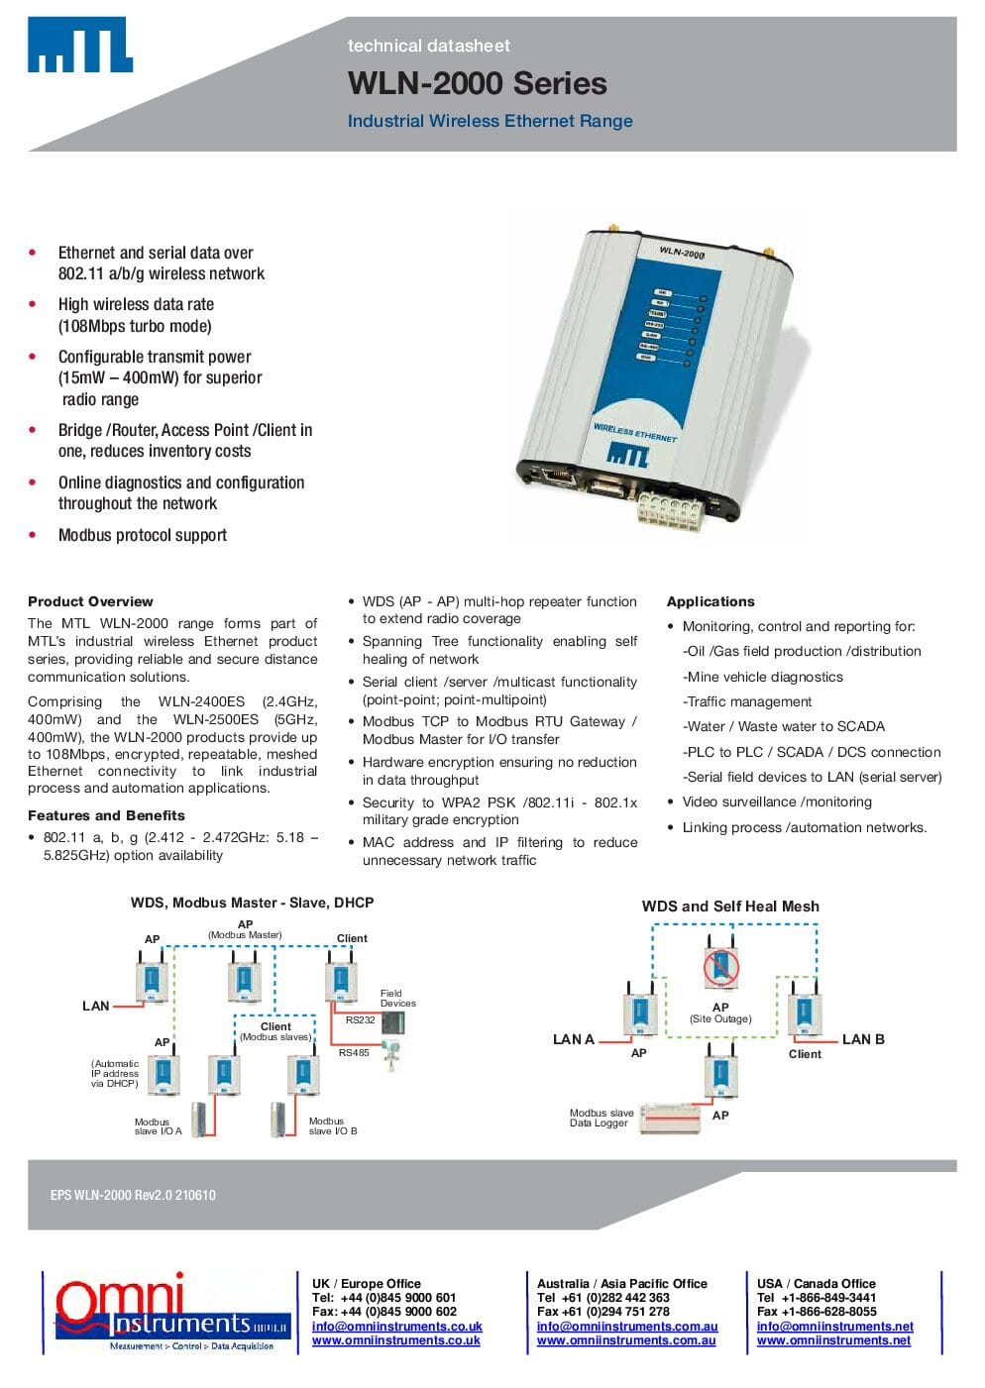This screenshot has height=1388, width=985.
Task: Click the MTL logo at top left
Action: [80, 45]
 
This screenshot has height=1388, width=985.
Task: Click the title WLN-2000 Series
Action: [477, 83]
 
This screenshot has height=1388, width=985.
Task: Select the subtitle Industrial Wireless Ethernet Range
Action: [490, 121]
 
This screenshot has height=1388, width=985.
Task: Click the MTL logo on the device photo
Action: [627, 455]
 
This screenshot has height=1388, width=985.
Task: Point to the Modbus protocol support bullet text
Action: [142, 535]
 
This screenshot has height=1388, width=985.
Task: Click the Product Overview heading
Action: [90, 601]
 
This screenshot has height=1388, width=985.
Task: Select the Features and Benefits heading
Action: [106, 815]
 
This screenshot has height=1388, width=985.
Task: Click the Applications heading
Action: [711, 601]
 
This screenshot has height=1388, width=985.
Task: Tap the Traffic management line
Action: [747, 701]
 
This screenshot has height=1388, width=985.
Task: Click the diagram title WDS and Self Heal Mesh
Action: [730, 906]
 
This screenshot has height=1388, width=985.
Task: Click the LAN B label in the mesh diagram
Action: [863, 1039]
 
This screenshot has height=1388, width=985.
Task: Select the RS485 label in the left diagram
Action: [354, 1052]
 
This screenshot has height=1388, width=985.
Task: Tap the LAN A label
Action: [573, 1039]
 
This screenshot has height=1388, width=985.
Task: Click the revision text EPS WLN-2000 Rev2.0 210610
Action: [133, 1195]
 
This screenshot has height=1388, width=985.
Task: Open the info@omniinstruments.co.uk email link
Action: [396, 1326]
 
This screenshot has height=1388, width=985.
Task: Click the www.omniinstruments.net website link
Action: [833, 1340]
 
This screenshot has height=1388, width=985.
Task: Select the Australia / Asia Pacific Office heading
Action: [621, 1283]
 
